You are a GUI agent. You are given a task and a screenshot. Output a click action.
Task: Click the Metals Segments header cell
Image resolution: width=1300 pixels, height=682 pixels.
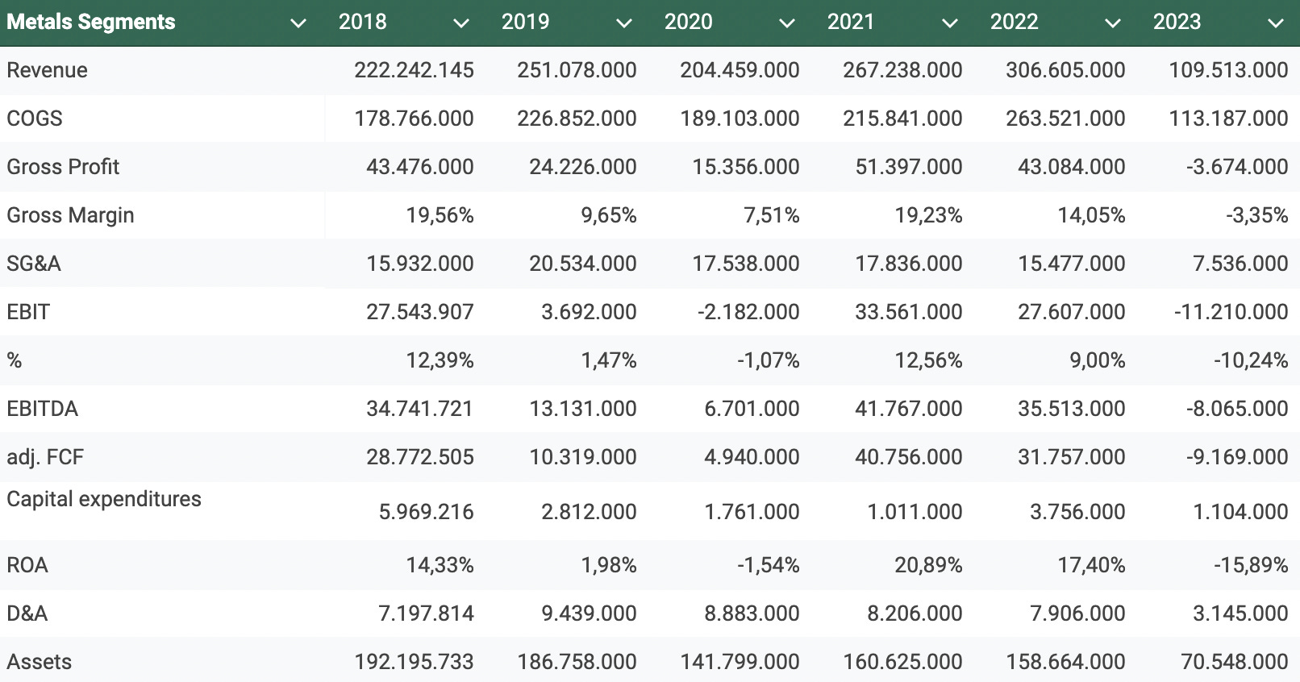click(90, 22)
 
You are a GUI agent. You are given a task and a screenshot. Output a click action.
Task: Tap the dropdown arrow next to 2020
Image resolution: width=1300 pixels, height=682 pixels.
click(787, 23)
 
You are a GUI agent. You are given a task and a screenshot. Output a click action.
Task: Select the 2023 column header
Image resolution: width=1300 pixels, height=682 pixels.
click(1177, 22)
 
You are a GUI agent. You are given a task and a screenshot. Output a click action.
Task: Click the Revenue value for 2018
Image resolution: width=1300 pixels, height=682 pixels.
click(414, 70)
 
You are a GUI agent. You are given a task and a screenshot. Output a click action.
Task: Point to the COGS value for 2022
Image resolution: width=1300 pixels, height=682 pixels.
click(1065, 119)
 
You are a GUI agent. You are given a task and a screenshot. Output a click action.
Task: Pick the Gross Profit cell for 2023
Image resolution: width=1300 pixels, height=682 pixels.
click(1237, 167)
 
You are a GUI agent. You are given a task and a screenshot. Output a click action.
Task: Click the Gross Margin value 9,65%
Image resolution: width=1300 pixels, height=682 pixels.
click(608, 215)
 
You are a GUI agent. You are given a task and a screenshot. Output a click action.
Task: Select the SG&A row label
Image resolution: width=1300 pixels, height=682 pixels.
click(34, 264)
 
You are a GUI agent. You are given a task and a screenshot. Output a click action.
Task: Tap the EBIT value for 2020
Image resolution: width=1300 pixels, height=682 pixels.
click(748, 312)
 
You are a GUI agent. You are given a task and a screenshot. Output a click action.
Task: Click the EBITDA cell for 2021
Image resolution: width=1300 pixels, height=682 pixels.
click(908, 409)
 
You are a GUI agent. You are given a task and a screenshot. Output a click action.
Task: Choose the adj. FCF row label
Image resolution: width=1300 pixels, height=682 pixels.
click(45, 457)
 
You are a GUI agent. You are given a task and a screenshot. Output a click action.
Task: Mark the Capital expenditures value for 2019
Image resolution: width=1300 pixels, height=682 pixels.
click(589, 512)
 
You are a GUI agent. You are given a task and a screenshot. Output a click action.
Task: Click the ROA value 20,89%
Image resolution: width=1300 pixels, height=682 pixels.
click(928, 565)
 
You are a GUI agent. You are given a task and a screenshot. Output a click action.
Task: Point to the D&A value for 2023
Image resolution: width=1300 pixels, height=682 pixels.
click(1240, 613)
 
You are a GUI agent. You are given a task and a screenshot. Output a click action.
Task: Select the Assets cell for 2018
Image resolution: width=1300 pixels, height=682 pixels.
click(414, 662)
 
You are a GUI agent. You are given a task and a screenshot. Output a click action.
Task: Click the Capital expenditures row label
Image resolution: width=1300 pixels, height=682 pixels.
click(104, 499)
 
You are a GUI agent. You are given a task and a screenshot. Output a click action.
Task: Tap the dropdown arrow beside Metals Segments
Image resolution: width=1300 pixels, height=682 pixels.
click(298, 23)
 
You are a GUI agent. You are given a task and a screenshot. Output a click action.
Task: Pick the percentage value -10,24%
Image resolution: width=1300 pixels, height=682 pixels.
click(1251, 360)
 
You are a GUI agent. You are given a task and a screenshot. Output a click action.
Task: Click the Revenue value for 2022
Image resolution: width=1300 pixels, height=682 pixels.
click(1065, 70)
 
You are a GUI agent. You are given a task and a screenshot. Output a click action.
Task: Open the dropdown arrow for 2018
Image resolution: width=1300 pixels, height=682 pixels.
click(461, 23)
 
